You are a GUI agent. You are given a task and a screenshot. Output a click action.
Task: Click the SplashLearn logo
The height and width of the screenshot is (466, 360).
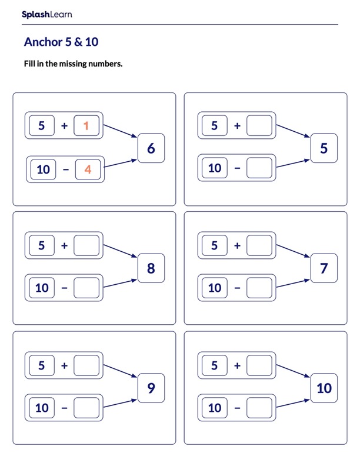coord(46,15)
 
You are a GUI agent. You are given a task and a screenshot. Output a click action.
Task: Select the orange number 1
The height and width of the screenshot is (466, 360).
coord(86,125)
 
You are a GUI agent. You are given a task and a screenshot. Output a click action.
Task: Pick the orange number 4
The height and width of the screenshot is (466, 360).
coord(88,169)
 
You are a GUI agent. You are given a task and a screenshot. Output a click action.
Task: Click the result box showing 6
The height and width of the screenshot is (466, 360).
coord(151,148)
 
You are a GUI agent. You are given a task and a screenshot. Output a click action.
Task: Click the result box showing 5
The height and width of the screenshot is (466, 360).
coord(324,148)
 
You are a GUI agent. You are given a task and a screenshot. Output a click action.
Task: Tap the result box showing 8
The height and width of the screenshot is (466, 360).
coord(151,268)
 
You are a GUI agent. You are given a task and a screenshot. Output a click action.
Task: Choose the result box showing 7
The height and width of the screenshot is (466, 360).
coord(324,268)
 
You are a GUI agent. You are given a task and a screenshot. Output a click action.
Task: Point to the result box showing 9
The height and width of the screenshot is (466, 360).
coord(151,388)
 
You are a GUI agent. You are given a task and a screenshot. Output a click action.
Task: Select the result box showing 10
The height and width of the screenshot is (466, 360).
coord(324,388)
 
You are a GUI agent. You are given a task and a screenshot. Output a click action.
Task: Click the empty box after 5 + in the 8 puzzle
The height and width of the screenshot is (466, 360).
coord(86,245)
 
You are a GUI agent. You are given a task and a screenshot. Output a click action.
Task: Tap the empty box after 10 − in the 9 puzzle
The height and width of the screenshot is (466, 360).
coord(86,407)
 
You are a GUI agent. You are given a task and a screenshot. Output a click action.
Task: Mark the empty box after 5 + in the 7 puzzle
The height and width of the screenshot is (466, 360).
coord(259,245)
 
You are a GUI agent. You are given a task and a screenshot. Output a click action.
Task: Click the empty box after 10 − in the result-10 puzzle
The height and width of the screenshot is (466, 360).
coord(259,407)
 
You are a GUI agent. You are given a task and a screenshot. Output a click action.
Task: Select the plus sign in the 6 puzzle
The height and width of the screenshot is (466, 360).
coord(64,125)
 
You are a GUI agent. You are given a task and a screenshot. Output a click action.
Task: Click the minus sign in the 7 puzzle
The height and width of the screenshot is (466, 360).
coord(237,288)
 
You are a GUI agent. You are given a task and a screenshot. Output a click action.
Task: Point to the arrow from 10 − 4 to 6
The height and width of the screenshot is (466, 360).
coord(121,163)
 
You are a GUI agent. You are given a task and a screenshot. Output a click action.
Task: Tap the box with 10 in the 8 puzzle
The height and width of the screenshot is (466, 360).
coord(42,288)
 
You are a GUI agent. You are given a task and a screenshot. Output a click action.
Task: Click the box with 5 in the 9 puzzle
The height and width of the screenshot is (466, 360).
coord(41,365)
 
